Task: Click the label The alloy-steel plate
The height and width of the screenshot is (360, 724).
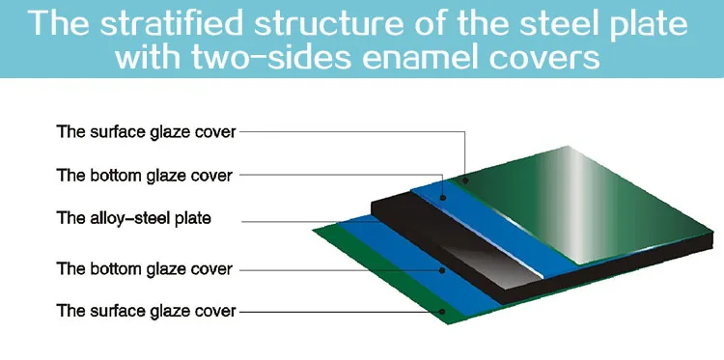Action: [133, 218]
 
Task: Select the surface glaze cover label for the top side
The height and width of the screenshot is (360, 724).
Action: [146, 132]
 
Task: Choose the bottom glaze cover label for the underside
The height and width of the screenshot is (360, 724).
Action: [144, 268]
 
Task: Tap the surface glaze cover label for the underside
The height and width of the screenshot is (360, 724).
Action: [146, 311]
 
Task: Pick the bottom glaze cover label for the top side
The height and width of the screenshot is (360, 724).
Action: [144, 176]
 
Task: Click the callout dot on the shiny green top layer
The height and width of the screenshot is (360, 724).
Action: [466, 180]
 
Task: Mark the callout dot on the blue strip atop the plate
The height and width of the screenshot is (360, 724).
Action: [443, 198]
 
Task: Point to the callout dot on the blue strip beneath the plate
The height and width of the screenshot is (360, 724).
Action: [442, 270]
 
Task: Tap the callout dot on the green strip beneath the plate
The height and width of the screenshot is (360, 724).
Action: [442, 312]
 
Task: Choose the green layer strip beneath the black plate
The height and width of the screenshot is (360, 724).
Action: [388, 277]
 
